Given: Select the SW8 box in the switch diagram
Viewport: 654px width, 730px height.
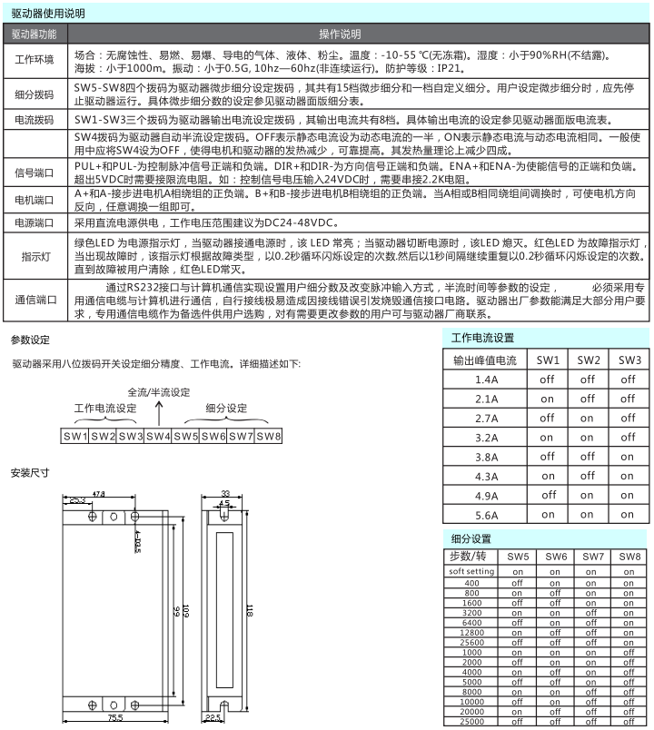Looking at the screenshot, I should tap(269, 437).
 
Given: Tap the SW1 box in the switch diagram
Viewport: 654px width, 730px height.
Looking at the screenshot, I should tap(75, 437).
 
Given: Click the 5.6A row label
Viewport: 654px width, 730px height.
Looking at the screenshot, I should tap(487, 514).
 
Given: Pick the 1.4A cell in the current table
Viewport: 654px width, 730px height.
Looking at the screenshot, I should tap(487, 380).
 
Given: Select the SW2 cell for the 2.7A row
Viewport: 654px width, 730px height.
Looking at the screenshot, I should tap(589, 419).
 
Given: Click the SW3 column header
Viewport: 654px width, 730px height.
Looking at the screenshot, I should tap(629, 360).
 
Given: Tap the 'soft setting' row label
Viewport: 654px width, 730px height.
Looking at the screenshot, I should tap(471, 571).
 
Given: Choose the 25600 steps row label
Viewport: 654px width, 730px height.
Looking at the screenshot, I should tap(471, 642).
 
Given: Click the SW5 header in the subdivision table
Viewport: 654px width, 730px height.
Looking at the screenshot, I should tap(519, 556).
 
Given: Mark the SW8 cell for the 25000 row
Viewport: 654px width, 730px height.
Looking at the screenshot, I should tap(630, 722).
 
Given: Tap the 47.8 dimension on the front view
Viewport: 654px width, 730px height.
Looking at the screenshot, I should tap(98, 493).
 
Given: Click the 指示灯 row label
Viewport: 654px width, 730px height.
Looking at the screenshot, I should tap(35, 257).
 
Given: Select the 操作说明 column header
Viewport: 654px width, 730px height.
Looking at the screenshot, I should tap(340, 34).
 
